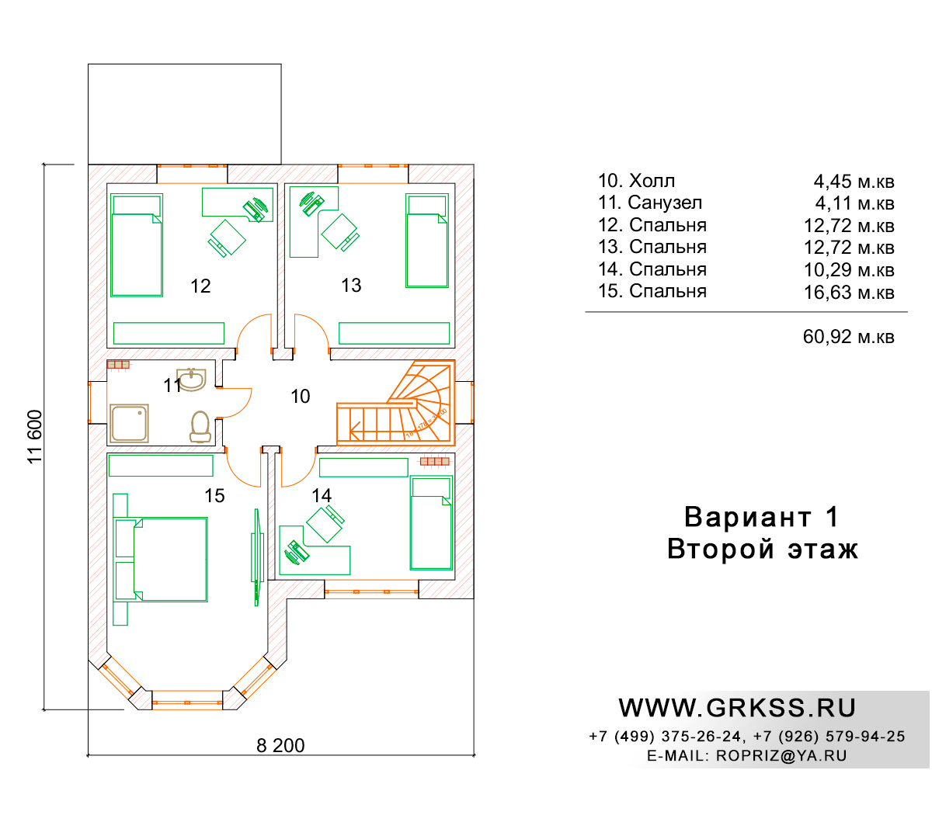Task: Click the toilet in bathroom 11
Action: pyautogui.click(x=200, y=427)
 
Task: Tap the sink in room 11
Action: pyautogui.click(x=191, y=380)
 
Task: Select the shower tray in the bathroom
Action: pyautogui.click(x=129, y=424)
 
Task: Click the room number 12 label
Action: pyautogui.click(x=200, y=286)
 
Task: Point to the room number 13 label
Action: pyautogui.click(x=351, y=286)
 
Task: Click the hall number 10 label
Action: pyautogui.click(x=301, y=396)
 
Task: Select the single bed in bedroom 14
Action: pyautogui.click(x=431, y=522)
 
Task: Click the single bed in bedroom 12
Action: pyautogui.click(x=137, y=245)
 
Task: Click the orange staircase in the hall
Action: pyautogui.click(x=395, y=403)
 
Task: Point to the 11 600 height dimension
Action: pyautogui.click(x=35, y=437)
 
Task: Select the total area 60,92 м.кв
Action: pyautogui.click(x=849, y=337)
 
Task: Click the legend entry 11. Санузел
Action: pyautogui.click(x=650, y=203)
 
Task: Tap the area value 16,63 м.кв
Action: pyautogui.click(x=849, y=293)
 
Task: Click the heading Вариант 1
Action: pyautogui.click(x=762, y=517)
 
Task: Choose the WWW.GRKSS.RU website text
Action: pyautogui.click(x=737, y=708)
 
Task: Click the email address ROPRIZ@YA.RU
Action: pyautogui.click(x=781, y=756)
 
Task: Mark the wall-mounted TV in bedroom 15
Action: pyautogui.click(x=257, y=557)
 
